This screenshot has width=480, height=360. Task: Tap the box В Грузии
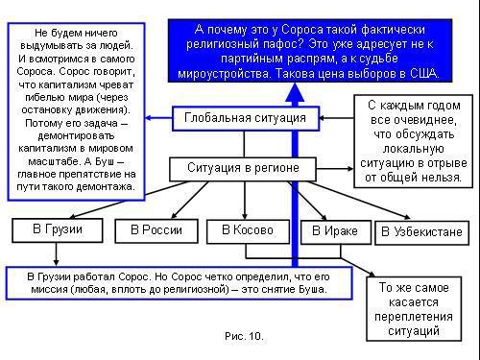point(58,230)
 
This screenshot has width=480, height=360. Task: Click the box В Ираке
point(335,231)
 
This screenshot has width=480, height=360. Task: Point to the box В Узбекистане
point(422,231)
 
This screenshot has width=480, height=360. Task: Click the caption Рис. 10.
point(243,337)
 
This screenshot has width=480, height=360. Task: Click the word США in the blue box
point(420,73)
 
